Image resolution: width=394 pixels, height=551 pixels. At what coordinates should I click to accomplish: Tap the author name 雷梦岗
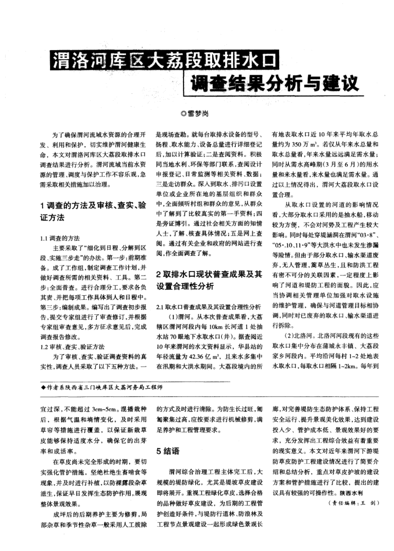point(201,114)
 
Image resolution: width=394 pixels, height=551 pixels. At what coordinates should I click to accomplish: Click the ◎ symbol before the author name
point(183,114)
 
